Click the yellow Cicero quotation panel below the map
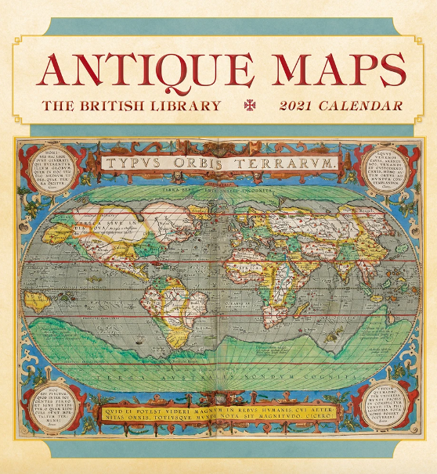[x=218, y=411]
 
